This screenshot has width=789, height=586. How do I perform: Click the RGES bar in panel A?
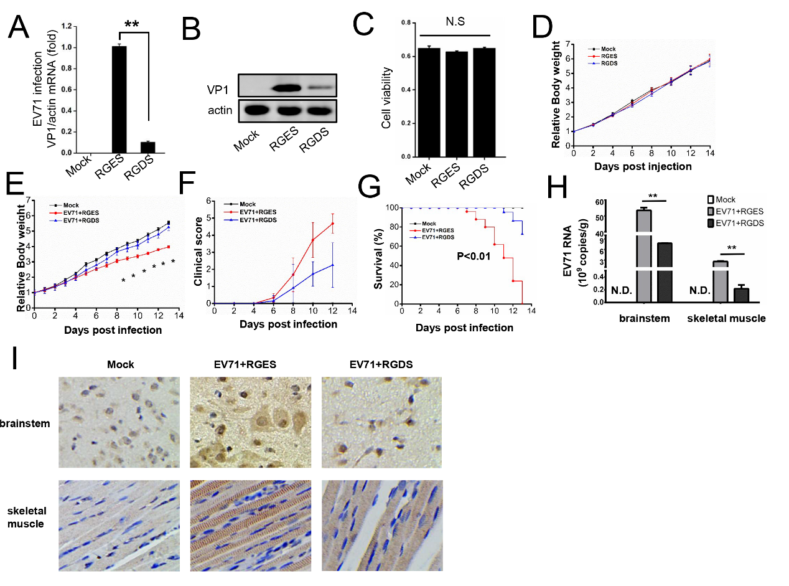coord(119,100)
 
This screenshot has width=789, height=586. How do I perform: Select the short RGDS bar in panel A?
coord(147,147)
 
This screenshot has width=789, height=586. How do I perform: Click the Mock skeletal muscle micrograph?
coord(119,526)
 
